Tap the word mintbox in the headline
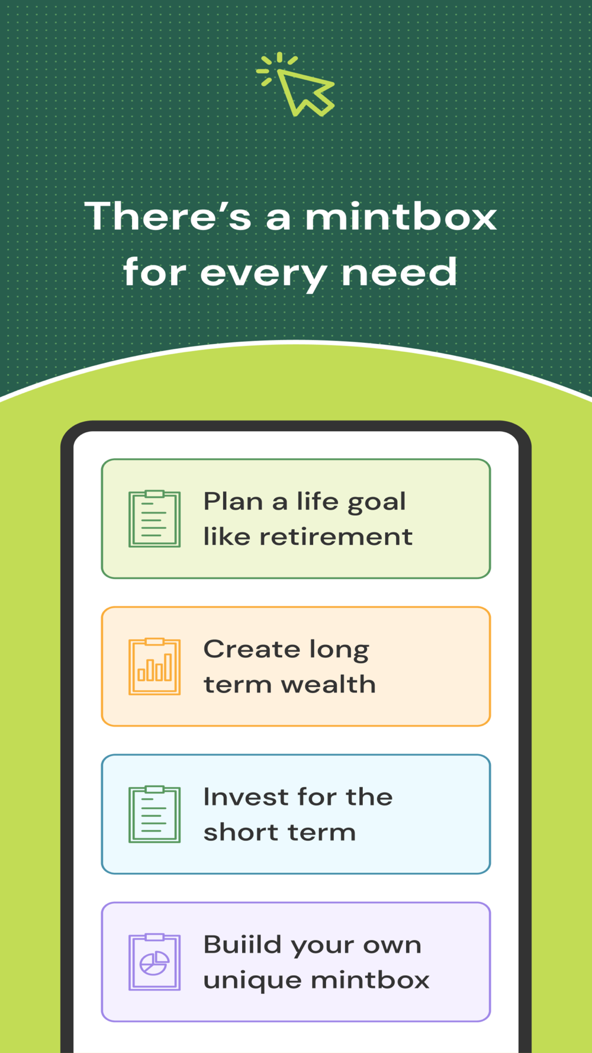pos(401,216)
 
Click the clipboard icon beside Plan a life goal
pos(155,519)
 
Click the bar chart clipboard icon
pos(155,666)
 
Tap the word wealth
pos(329,684)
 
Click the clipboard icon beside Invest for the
pos(155,814)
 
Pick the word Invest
pos(245,797)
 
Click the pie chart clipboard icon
pos(155,962)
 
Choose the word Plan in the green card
pos(233,502)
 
